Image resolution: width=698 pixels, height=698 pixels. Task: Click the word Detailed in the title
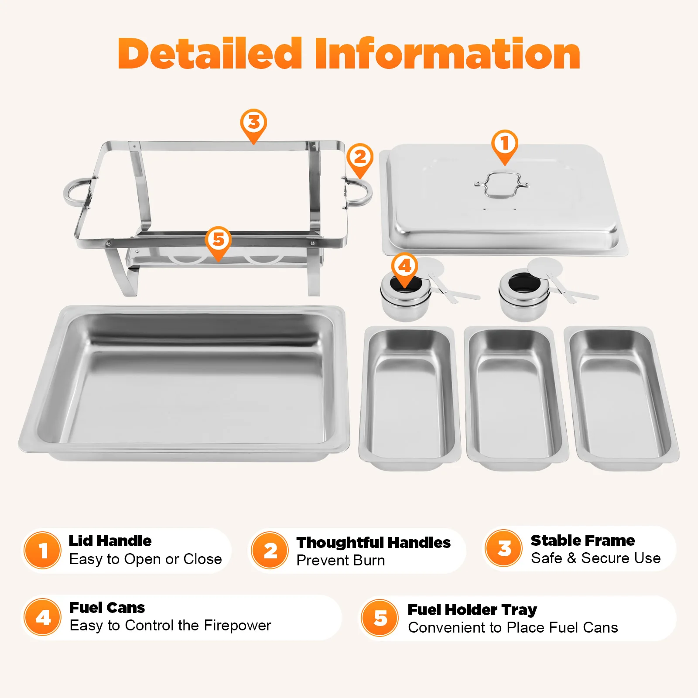[210, 54]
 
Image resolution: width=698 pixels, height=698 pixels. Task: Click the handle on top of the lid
[502, 185]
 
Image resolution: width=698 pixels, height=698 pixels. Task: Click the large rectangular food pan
[184, 383]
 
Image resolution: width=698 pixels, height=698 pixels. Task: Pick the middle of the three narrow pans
[517, 398]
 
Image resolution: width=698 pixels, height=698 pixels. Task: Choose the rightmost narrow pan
[621, 398]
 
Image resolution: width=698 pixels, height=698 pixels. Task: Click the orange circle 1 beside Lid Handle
[42, 550]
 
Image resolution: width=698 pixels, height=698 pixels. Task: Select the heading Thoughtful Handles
[373, 542]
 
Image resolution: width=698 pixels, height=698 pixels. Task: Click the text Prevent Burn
[341, 561]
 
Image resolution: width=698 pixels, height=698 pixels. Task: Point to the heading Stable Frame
[583, 541]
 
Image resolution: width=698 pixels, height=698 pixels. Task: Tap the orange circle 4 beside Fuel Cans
[43, 617]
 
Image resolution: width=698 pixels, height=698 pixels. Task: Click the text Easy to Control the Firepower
[170, 626]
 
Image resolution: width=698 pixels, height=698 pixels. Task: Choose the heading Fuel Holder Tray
[472, 609]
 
